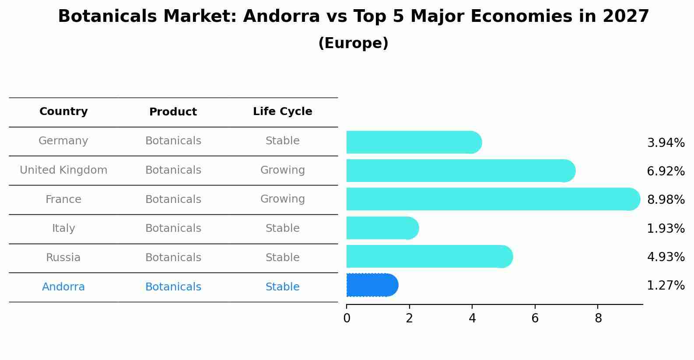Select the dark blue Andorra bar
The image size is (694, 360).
coord(372,285)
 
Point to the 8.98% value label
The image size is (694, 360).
coord(666,200)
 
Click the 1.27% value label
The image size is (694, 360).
coord(666,286)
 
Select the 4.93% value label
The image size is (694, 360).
coord(666,257)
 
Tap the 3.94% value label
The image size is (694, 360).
coord(666,143)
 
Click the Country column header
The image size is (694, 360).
coord(63,112)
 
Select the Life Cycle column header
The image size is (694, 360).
coord(282,112)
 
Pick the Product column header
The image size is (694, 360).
coord(173,112)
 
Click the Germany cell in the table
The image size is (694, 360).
coord(63,141)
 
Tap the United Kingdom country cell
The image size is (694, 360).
coord(63,170)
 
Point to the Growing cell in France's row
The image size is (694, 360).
coord(282,199)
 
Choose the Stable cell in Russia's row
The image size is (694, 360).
coord(282,258)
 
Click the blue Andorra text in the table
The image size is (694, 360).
coord(63,287)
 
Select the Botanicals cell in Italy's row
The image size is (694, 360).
coord(173,228)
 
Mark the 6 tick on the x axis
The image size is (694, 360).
coord(535,318)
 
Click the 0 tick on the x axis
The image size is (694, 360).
coord(347,318)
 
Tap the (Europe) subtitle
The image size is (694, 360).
coord(353,43)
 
